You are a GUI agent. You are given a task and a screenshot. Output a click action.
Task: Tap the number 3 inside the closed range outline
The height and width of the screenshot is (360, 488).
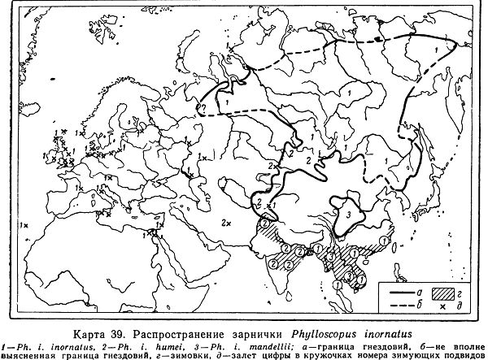tap(348, 213)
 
